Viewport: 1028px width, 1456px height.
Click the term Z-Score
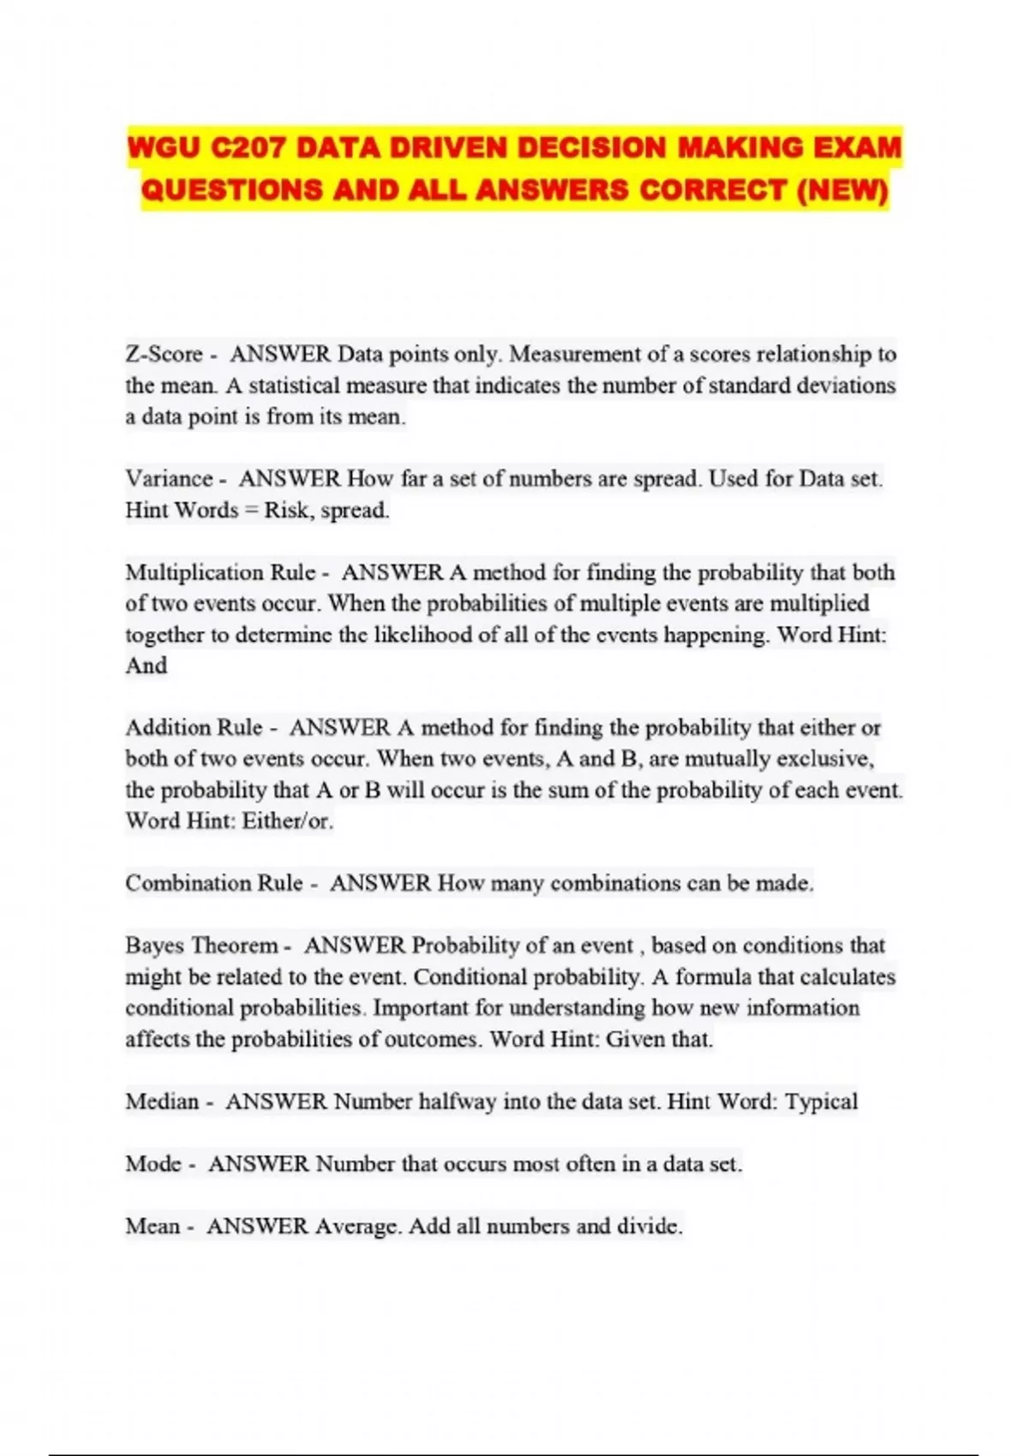[x=164, y=355]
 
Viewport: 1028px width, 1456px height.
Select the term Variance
[x=169, y=479]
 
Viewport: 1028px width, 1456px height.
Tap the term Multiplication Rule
[x=220, y=572]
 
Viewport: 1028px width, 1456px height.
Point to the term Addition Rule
[x=194, y=728]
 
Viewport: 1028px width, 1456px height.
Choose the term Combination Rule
[x=213, y=883]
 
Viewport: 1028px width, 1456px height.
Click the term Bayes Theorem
[x=201, y=946]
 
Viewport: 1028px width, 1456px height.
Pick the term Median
[x=162, y=1101]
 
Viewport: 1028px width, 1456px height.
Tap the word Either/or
[x=287, y=821]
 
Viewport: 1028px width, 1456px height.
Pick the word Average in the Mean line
[x=357, y=1226]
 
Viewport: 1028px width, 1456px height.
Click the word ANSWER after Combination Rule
[x=380, y=883]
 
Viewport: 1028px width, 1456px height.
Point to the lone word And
[x=146, y=665]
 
